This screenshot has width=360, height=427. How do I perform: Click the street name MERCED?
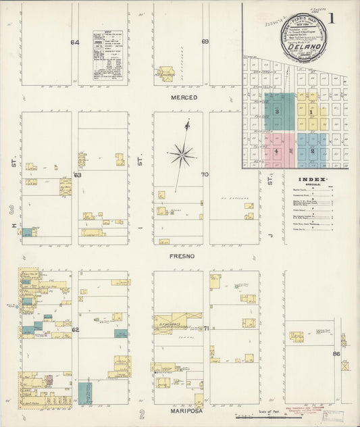(x=184, y=98)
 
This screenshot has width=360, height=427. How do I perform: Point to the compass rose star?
(x=181, y=155)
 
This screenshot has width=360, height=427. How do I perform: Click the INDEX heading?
(x=313, y=180)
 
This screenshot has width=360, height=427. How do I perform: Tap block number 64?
(x=75, y=43)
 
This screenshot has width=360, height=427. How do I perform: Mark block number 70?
(x=205, y=174)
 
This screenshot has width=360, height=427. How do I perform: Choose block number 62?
(x=76, y=329)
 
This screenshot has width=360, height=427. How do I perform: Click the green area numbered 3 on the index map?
(x=276, y=111)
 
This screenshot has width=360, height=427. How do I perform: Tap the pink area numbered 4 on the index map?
(x=277, y=151)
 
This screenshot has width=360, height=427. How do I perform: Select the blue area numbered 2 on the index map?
(x=313, y=150)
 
